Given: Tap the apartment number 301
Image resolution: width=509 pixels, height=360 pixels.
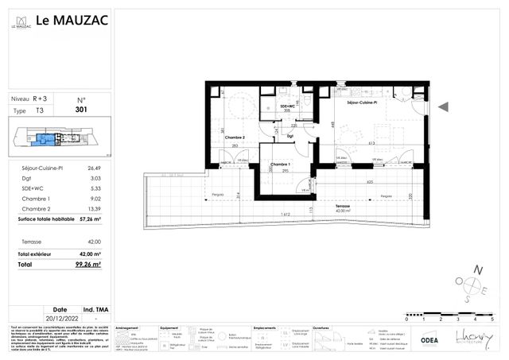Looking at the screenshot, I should (x=81, y=110).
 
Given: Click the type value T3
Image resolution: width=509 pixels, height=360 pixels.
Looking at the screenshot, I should (x=41, y=110).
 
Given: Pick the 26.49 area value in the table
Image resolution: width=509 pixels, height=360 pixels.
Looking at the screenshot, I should (x=94, y=168).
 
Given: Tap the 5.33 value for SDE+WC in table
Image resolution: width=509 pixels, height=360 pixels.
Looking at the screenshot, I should (x=94, y=189).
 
